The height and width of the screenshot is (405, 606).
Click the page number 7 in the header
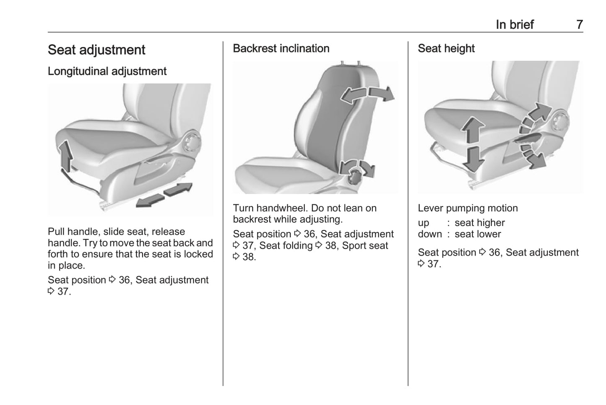[579, 24]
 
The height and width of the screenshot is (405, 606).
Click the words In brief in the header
[515, 24]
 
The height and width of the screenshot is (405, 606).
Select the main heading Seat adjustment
[96, 50]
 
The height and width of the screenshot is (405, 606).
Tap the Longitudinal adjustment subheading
[107, 71]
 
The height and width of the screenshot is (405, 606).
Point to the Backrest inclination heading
[281, 48]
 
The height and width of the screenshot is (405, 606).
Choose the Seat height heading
[446, 48]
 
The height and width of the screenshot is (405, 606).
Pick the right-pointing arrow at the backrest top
[382, 93]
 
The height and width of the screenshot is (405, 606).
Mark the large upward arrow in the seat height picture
[473, 130]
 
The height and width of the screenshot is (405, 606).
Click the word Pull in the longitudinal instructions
[56, 232]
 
